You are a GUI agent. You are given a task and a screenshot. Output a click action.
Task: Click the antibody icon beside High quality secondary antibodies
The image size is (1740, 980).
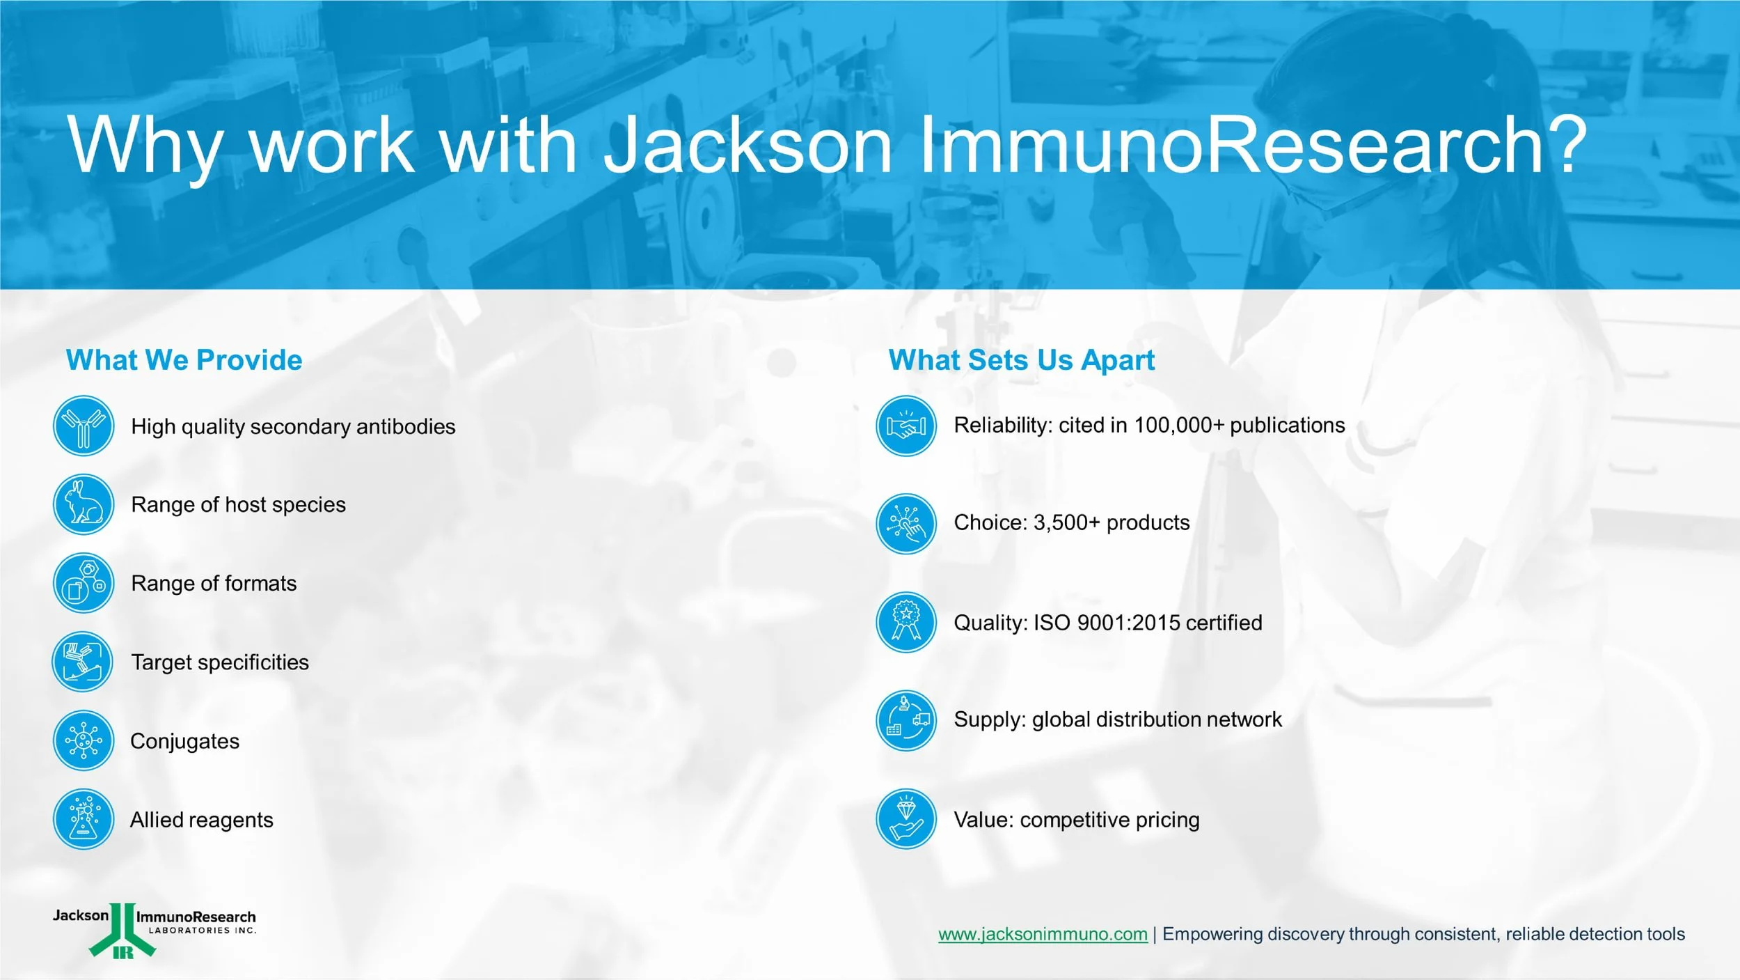point(84,426)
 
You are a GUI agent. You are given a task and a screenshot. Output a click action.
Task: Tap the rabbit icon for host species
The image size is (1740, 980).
point(84,504)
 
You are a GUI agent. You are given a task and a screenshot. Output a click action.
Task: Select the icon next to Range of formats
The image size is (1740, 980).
point(84,583)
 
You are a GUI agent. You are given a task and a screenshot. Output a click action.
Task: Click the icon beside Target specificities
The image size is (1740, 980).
point(83,662)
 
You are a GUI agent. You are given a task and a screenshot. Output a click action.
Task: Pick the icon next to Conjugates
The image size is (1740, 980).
point(84,740)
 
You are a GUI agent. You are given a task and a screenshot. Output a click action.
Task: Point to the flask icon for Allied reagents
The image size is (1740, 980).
point(84,819)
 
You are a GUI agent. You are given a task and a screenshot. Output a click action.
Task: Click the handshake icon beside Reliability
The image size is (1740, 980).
point(906,426)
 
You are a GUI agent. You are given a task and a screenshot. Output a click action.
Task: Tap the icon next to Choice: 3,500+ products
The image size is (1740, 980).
point(906,524)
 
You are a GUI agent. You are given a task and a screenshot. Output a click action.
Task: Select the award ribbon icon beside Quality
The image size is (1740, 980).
point(906,622)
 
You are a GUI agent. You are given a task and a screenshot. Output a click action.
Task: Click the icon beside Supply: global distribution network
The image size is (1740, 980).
point(906,721)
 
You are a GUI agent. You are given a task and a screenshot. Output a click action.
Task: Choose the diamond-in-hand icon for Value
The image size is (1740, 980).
point(906,819)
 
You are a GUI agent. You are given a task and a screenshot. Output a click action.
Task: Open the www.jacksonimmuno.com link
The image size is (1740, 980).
point(1043,934)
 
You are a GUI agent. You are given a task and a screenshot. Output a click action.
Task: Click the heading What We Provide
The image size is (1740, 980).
point(184,360)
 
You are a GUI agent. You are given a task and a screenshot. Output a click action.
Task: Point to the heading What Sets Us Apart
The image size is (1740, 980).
point(1022,360)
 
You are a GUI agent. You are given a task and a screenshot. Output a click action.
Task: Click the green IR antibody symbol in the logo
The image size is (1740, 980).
point(122,931)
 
